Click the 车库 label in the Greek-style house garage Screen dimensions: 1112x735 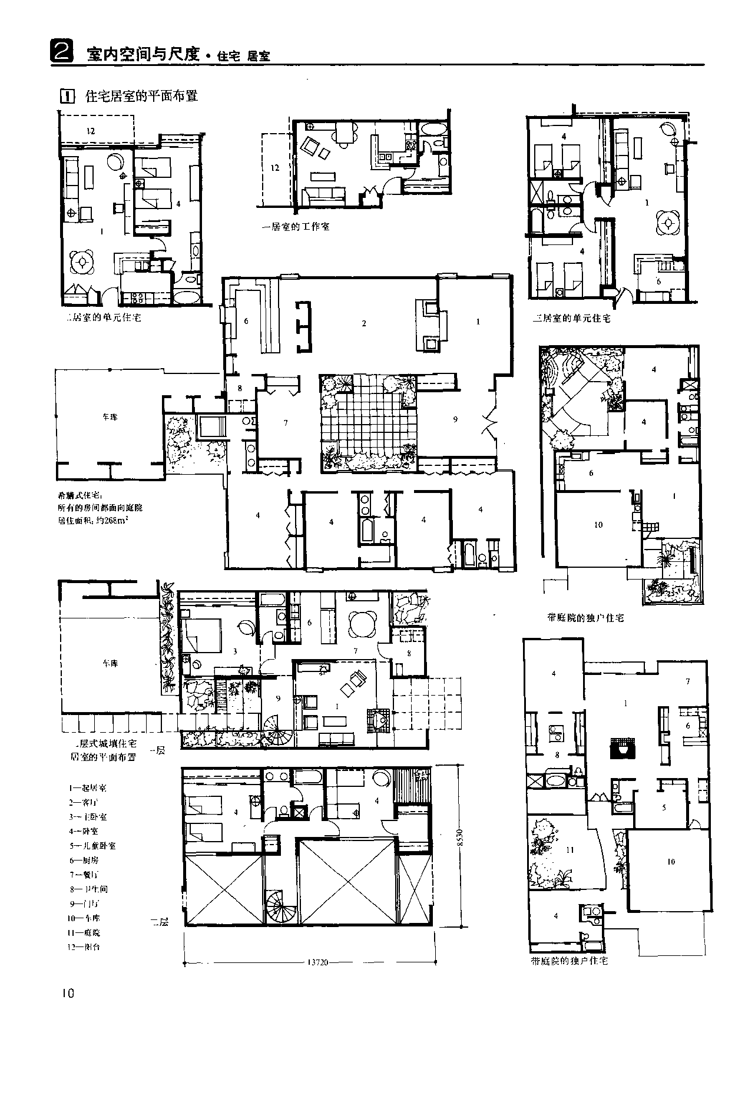(x=110, y=417)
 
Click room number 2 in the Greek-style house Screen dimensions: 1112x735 (x=364, y=323)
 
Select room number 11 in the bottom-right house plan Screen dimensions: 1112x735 (x=570, y=850)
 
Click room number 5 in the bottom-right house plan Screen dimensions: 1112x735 (x=664, y=807)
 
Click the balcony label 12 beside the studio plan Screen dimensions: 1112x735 (x=274, y=168)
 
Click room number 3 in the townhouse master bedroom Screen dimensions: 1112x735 (x=234, y=651)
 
